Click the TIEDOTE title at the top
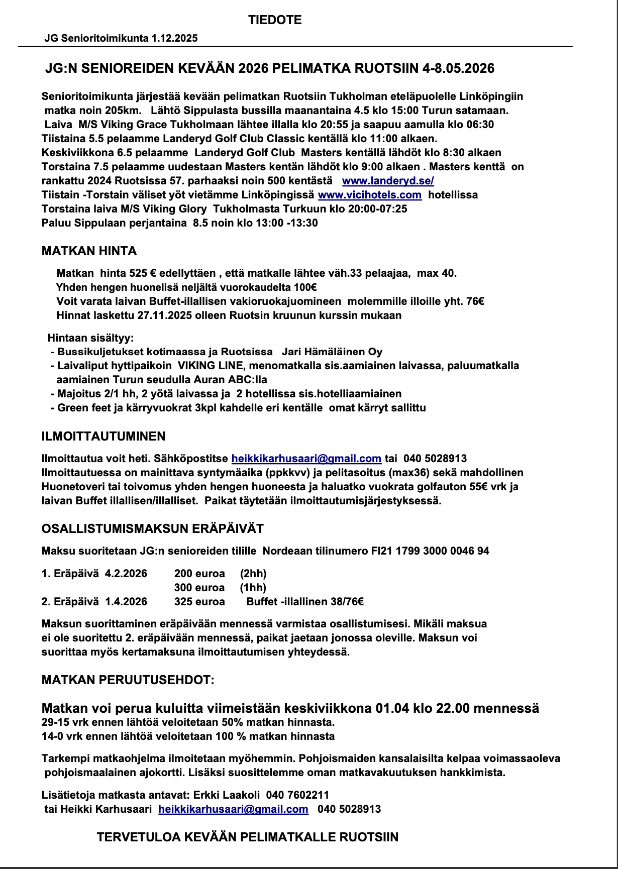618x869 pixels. [274, 20]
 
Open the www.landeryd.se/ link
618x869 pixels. [388, 181]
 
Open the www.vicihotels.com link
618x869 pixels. [369, 195]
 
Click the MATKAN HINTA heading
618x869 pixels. [89, 251]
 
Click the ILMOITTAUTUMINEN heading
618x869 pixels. [104, 436]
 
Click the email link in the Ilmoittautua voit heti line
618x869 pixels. [306, 459]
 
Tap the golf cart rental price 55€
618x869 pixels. [479, 487]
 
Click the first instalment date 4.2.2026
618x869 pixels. [126, 574]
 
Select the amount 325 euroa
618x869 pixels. [199, 602]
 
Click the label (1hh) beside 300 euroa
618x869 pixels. [253, 588]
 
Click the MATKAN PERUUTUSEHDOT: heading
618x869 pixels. [128, 680]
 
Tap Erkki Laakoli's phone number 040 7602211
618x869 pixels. [297, 795]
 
